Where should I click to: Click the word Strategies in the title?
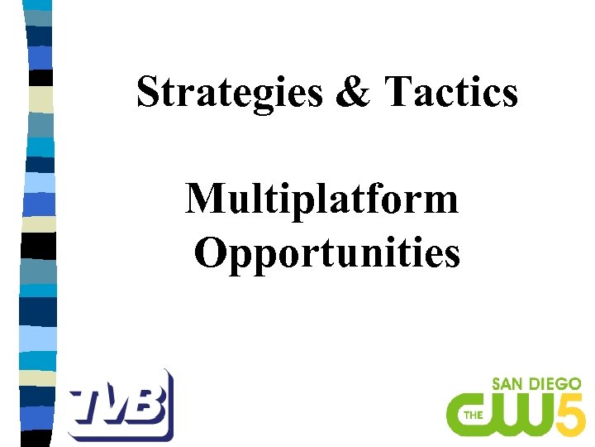coord(230,92)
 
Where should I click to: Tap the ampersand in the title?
coord(355,92)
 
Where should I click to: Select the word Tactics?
coord(450,92)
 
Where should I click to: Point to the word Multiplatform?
coord(322,199)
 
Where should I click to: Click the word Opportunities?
coord(327,253)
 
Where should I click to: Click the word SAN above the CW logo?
coord(509,385)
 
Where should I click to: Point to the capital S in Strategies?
coord(147,92)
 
